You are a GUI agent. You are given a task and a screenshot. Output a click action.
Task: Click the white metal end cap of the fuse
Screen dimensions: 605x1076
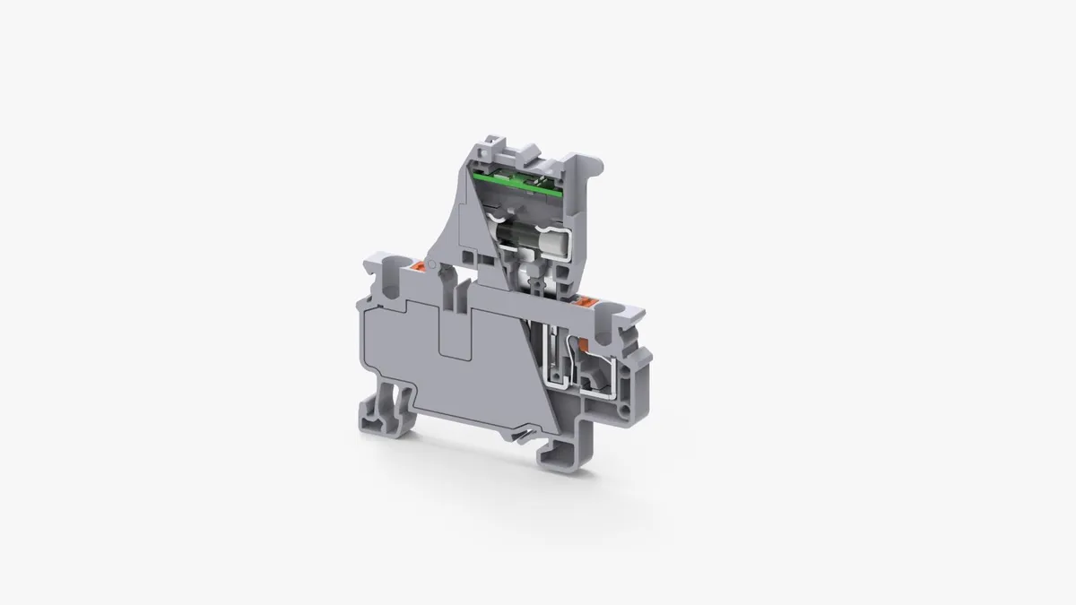[x=553, y=243]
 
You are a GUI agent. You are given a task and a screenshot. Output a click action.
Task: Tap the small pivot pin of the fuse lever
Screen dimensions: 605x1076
[x=430, y=266]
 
